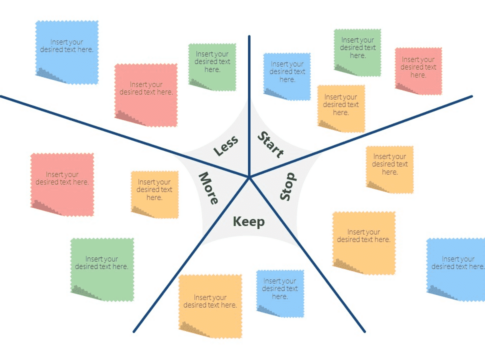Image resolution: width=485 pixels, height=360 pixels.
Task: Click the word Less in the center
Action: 226,146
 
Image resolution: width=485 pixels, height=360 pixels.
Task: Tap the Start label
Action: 271,144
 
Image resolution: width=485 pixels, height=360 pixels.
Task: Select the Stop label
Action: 287,186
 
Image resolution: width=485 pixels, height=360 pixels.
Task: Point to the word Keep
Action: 249,221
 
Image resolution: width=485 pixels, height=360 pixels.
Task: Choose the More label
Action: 209,188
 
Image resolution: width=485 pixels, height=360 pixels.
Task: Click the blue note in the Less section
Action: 67,52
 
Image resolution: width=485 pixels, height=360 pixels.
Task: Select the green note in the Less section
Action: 212,67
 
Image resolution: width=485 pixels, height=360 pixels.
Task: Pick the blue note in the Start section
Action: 287,77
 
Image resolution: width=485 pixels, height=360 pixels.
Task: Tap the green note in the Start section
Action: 358,53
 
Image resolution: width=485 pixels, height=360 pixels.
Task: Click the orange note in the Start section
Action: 341,109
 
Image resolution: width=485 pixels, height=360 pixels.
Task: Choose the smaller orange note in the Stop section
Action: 390,169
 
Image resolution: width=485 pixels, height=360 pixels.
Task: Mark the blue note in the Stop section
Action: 456,270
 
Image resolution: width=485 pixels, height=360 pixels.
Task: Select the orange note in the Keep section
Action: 210,306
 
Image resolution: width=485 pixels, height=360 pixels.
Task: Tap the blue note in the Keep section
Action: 280,294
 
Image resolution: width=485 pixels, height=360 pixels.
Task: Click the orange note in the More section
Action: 155,195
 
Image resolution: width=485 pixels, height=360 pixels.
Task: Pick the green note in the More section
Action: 102,270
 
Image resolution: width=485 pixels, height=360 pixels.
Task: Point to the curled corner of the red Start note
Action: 404,88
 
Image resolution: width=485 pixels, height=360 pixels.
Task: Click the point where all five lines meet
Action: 249,177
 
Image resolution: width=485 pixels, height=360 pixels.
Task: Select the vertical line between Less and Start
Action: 249,106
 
